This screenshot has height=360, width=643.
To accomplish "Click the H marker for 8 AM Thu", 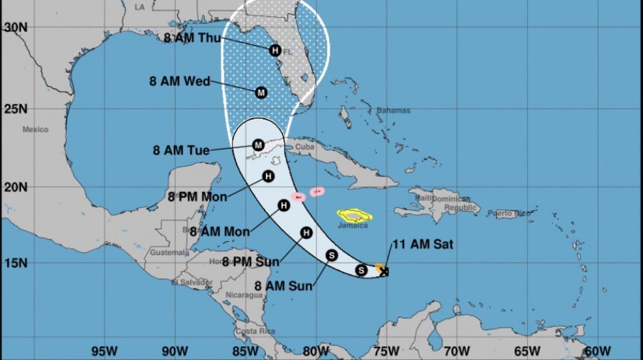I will click(275, 50).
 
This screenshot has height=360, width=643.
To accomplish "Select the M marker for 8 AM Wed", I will click(261, 93).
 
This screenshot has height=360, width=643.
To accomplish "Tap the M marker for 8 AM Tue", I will click(258, 145).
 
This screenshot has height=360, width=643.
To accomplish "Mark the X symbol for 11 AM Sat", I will click(384, 272).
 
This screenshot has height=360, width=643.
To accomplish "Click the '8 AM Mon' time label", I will click(220, 231).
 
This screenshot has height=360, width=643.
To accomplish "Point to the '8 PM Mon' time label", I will click(197, 197).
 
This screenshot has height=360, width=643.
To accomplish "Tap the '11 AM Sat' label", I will click(423, 245).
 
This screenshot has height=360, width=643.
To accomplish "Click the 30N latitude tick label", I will click(15, 28).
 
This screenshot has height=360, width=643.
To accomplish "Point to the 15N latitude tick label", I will click(15, 263).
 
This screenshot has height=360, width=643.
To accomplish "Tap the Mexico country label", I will click(35, 130).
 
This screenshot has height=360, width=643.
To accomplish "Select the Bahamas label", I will click(393, 110).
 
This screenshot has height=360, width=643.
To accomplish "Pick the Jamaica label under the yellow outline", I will click(353, 225).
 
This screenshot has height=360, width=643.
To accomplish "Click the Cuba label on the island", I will click(304, 145).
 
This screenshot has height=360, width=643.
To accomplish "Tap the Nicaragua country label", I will click(244, 295).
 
